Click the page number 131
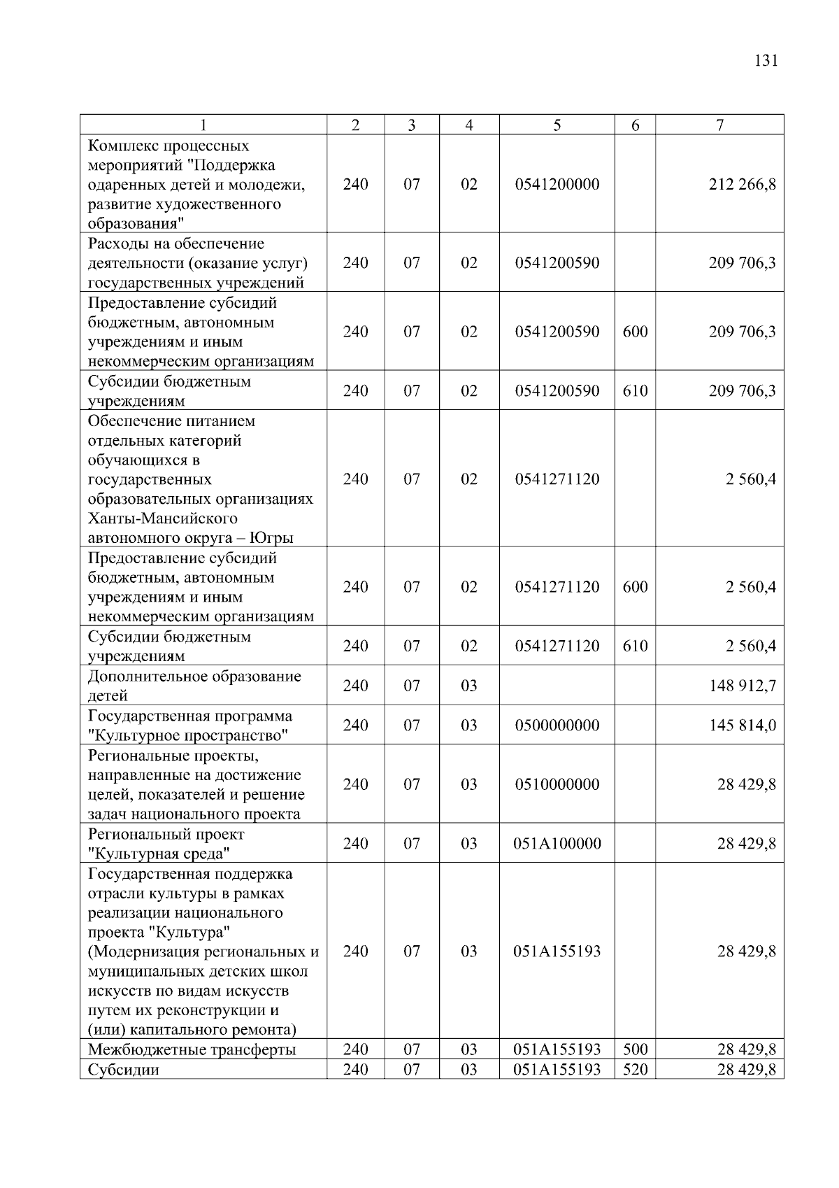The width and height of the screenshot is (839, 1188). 766,60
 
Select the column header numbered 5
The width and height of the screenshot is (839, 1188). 557,125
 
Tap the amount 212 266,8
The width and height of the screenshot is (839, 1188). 742,185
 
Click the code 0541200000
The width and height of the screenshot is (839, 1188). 557,185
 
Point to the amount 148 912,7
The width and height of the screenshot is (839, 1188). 742,686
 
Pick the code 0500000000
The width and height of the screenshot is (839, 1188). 557,726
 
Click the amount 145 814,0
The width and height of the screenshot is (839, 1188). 742,726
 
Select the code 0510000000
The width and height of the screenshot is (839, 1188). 557,784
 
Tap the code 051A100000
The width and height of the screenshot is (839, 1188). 557,844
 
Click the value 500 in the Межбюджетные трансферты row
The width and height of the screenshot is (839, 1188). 635,1049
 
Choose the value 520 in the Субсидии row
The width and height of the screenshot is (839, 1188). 635,1070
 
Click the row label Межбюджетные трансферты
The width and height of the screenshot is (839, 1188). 192,1049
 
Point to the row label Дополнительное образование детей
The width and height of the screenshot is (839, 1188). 194,686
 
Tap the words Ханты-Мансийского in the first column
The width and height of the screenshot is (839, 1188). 162,518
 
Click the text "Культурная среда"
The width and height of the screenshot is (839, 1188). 159,854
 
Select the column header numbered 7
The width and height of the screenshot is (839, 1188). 720,125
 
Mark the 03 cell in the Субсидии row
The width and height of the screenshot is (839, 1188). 469,1070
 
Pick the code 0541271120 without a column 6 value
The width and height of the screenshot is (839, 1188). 557,479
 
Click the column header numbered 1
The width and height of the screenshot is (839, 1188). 203,125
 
